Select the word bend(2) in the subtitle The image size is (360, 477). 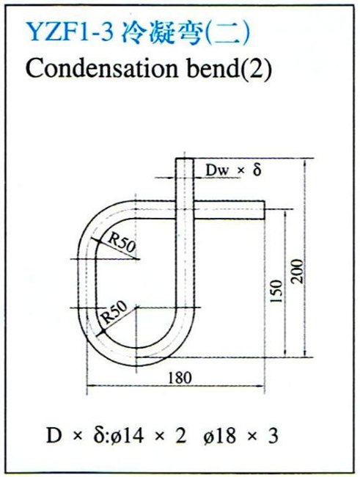pos(229,69)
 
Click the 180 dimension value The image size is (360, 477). pos(180,378)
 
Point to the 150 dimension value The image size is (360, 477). pos(276,291)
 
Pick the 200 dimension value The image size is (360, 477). pos(298,272)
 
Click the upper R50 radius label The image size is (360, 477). pos(122,244)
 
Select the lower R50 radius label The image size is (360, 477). pos(114,312)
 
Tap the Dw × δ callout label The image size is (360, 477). pos(233,170)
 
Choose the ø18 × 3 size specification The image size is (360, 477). pos(240,436)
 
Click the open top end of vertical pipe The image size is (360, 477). pos(184,159)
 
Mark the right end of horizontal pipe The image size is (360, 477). pos(264,210)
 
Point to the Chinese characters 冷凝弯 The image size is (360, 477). pos(161,32)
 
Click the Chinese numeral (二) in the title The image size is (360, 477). pos(227,33)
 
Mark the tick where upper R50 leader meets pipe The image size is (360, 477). pos(98,240)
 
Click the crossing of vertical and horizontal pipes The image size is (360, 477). pos(184,210)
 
